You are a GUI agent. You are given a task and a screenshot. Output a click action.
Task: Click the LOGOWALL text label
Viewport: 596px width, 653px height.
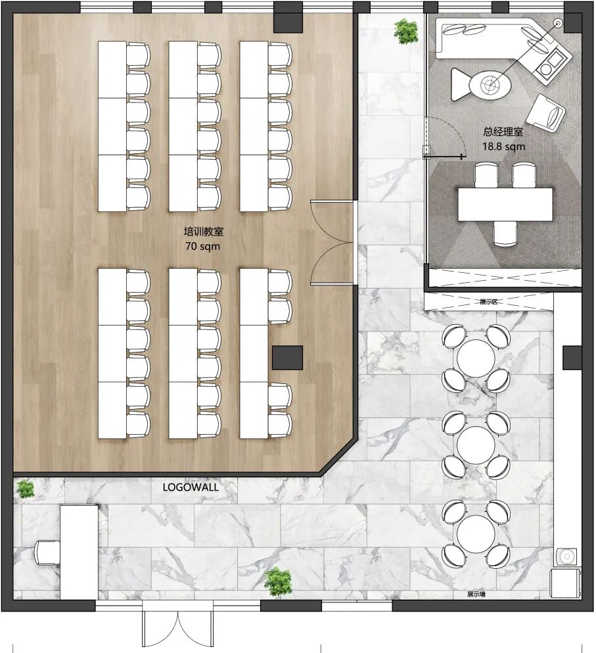click(x=190, y=487)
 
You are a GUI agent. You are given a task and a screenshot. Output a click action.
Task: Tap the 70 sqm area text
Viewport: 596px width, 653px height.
click(x=202, y=246)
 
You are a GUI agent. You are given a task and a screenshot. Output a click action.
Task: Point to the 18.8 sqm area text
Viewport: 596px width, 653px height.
click(x=503, y=147)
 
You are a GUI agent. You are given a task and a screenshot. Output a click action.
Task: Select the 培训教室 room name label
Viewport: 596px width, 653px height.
click(x=204, y=231)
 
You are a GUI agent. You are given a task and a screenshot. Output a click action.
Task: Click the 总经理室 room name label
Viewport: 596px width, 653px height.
click(x=503, y=132)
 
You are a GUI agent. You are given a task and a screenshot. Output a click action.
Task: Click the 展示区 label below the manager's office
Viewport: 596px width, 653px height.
click(x=488, y=302)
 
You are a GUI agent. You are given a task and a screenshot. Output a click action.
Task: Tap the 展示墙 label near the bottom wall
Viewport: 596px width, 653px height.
click(x=476, y=594)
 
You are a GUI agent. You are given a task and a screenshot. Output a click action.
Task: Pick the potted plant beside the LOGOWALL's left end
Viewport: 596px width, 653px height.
click(x=26, y=489)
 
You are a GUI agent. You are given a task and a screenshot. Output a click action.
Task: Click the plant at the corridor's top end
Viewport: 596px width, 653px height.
click(x=406, y=31)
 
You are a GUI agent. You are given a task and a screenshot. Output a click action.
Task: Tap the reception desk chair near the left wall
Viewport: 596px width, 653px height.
click(x=47, y=552)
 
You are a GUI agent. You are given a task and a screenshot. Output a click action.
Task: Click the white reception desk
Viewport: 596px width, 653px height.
click(x=79, y=552)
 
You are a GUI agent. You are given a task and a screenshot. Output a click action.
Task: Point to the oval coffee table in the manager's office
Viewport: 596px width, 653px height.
click(x=490, y=85)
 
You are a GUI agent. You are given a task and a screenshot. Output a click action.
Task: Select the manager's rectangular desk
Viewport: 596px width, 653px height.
click(x=505, y=205)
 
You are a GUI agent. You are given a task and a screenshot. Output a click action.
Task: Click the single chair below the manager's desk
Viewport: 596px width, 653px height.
click(x=505, y=233)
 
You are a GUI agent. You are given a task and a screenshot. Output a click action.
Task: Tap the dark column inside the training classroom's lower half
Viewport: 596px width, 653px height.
click(x=288, y=358)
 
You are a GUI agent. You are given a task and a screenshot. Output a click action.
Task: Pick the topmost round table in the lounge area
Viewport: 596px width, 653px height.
click(x=476, y=358)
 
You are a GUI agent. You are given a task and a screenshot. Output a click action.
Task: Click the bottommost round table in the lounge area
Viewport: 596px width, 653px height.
click(x=476, y=534)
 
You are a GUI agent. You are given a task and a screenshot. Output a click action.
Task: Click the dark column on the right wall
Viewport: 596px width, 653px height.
click(x=572, y=358)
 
